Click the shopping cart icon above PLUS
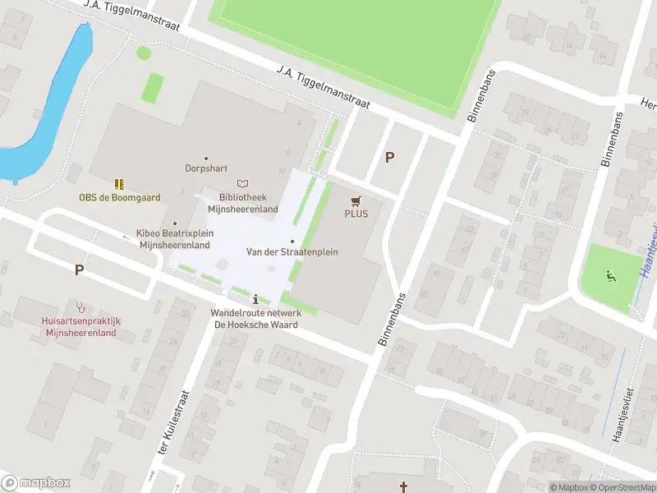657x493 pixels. [x=356, y=200]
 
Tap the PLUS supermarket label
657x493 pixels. [x=356, y=214]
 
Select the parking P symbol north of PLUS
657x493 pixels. [x=389, y=157]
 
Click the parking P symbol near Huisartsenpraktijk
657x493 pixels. [x=79, y=269]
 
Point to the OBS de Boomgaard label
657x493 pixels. [x=119, y=197]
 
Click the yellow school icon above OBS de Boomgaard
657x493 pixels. [x=119, y=183]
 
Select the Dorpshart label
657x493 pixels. [x=205, y=168]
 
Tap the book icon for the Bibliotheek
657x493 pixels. [x=241, y=183]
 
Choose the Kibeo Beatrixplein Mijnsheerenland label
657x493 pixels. [x=176, y=239]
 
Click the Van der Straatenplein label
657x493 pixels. [x=292, y=251]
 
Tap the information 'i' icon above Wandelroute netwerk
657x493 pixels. [x=256, y=299]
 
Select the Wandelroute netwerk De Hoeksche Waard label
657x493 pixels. [x=255, y=318]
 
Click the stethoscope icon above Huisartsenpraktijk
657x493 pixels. [x=80, y=306]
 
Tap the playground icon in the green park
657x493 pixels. [x=609, y=275]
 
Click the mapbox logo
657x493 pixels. [x=35, y=482]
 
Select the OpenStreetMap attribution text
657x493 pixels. [x=623, y=487]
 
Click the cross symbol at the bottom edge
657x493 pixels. [x=403, y=487]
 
